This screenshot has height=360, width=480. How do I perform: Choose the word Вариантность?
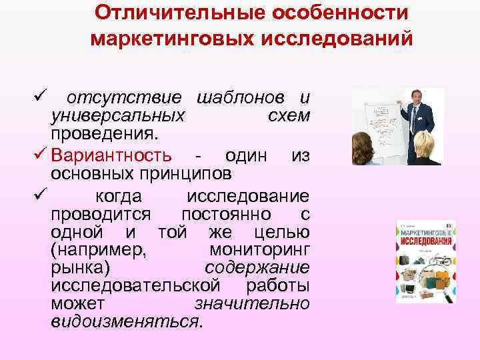tap(114, 156)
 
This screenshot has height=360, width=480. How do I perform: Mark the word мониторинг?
tap(259, 251)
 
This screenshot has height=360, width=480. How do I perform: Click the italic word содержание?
tap(257, 268)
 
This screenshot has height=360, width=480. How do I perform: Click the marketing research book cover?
tap(426, 261)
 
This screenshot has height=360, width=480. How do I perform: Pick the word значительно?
tap(251, 303)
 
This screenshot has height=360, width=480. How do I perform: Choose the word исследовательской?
tap(136, 285)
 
